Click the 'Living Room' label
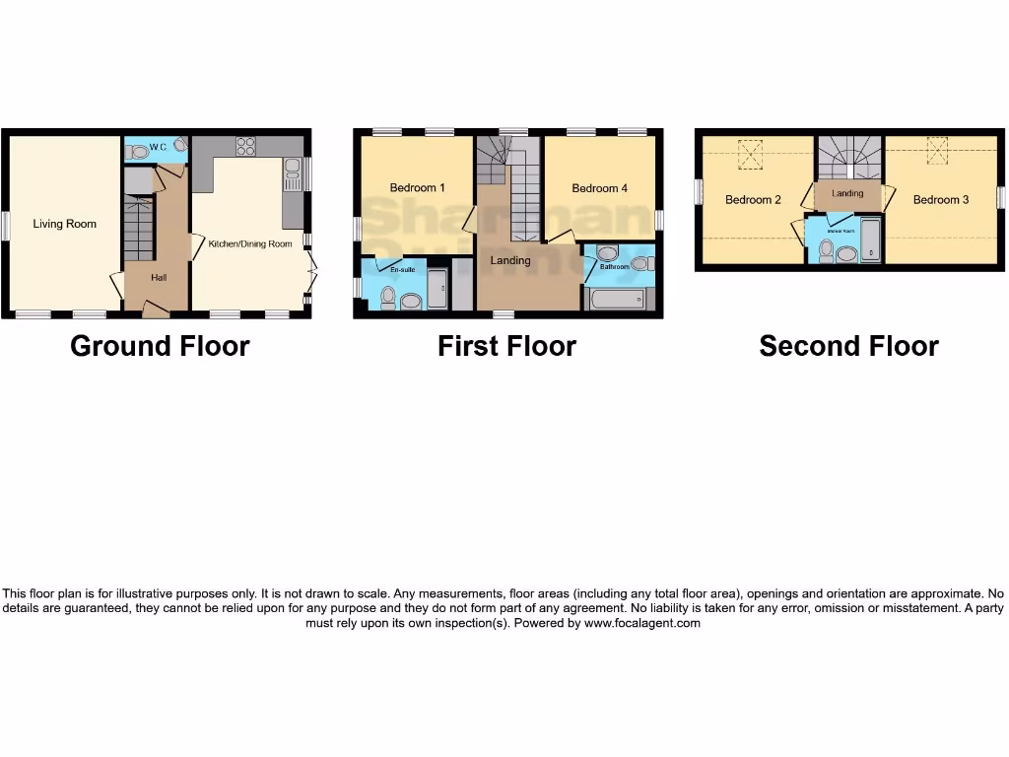point(65,224)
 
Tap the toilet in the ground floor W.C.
point(139,152)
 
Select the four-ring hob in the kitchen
point(245,147)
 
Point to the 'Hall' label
point(159,278)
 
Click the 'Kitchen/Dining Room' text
point(250,242)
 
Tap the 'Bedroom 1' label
point(417,188)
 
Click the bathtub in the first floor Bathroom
point(616,299)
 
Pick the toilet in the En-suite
point(387,296)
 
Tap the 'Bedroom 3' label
point(940,200)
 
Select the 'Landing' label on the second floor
point(847,193)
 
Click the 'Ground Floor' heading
point(160,346)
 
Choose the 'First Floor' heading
point(506,346)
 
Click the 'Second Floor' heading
point(848,346)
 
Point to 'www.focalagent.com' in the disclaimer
point(641,623)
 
